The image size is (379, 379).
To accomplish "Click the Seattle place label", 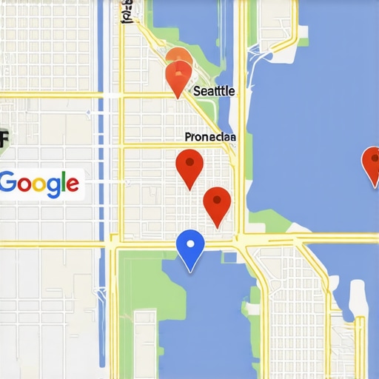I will click(x=214, y=91).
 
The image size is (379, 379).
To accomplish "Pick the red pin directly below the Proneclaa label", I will click(x=189, y=167).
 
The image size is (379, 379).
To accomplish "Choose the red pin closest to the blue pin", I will click(x=216, y=204).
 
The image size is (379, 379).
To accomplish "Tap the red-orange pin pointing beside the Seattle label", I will click(x=178, y=78).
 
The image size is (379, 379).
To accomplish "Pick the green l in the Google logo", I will click(x=64, y=182).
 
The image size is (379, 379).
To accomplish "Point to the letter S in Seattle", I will click(x=196, y=91).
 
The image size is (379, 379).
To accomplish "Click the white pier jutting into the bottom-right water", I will click(x=359, y=298).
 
